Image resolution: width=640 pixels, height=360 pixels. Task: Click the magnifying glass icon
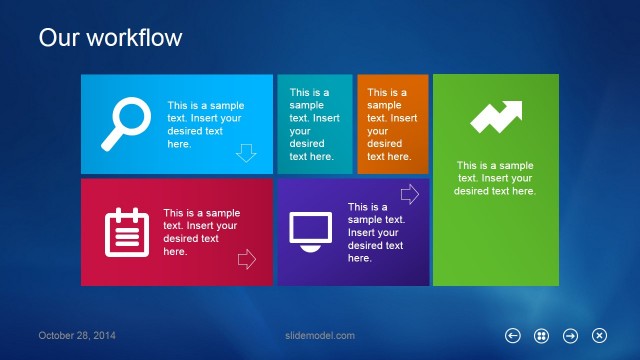click(x=124, y=122)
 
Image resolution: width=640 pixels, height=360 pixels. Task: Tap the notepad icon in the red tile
click(x=126, y=232)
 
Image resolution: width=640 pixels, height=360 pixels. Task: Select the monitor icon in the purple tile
click(x=310, y=230)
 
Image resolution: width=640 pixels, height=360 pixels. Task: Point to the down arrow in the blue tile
click(x=246, y=153)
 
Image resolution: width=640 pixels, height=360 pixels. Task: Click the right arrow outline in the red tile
click(x=246, y=260)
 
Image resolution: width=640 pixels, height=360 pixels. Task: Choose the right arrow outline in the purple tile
click(x=409, y=193)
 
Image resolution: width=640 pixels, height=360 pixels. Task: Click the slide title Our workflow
click(x=110, y=38)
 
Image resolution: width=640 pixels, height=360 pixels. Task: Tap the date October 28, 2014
click(x=77, y=336)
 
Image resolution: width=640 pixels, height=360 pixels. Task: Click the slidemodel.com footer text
click(x=320, y=336)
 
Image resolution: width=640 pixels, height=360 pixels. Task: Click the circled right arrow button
click(x=570, y=336)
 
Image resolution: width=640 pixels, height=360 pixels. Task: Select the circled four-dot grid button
click(x=541, y=336)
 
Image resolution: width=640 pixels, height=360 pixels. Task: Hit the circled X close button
click(x=599, y=336)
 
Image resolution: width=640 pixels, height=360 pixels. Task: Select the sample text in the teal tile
click(x=313, y=124)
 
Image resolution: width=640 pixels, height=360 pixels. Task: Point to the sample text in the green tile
click(x=495, y=178)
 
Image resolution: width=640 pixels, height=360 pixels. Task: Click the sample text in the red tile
click(x=201, y=232)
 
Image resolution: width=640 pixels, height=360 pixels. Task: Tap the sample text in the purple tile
click(x=376, y=232)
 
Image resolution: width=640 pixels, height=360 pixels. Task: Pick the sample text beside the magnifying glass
click(x=204, y=124)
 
